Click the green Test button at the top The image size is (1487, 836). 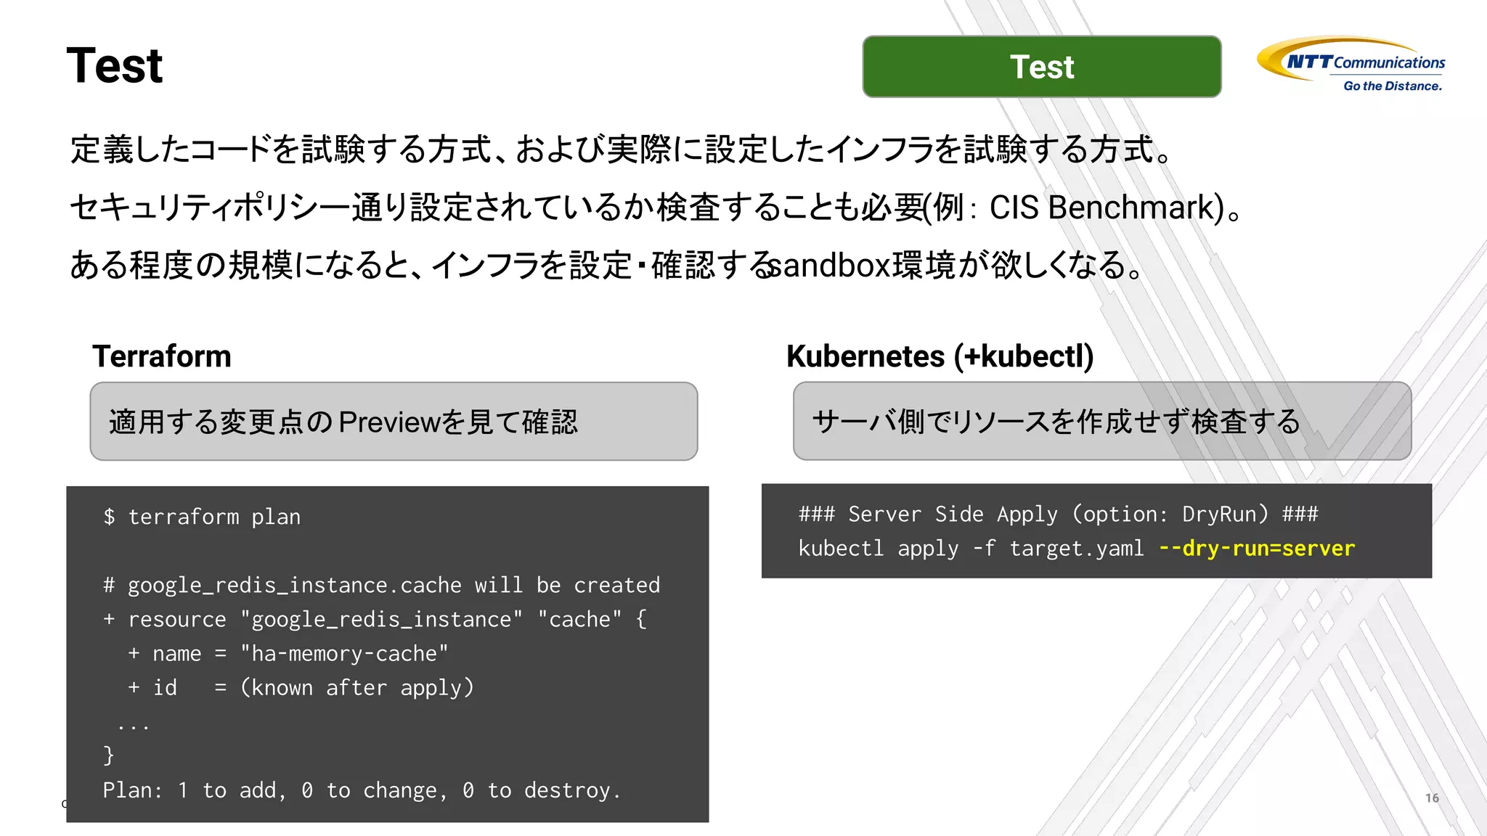pos(1041,67)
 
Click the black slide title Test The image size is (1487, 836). pos(115,66)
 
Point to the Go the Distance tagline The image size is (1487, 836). pos(1392,86)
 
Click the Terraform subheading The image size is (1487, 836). pos(162,356)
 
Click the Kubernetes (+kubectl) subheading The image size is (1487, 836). pos(940,356)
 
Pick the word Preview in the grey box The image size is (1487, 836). pos(389,422)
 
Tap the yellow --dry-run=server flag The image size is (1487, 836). pos(1257,549)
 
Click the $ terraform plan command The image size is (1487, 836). pos(202,517)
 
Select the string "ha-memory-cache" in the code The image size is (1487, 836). pos(344,654)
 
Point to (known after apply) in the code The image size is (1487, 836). pos(357,688)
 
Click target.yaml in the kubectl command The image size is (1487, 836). pos(1076,549)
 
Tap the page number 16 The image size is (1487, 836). pos(1432,798)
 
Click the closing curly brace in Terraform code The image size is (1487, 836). pos(109,755)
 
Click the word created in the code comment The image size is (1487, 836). pos(616,586)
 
